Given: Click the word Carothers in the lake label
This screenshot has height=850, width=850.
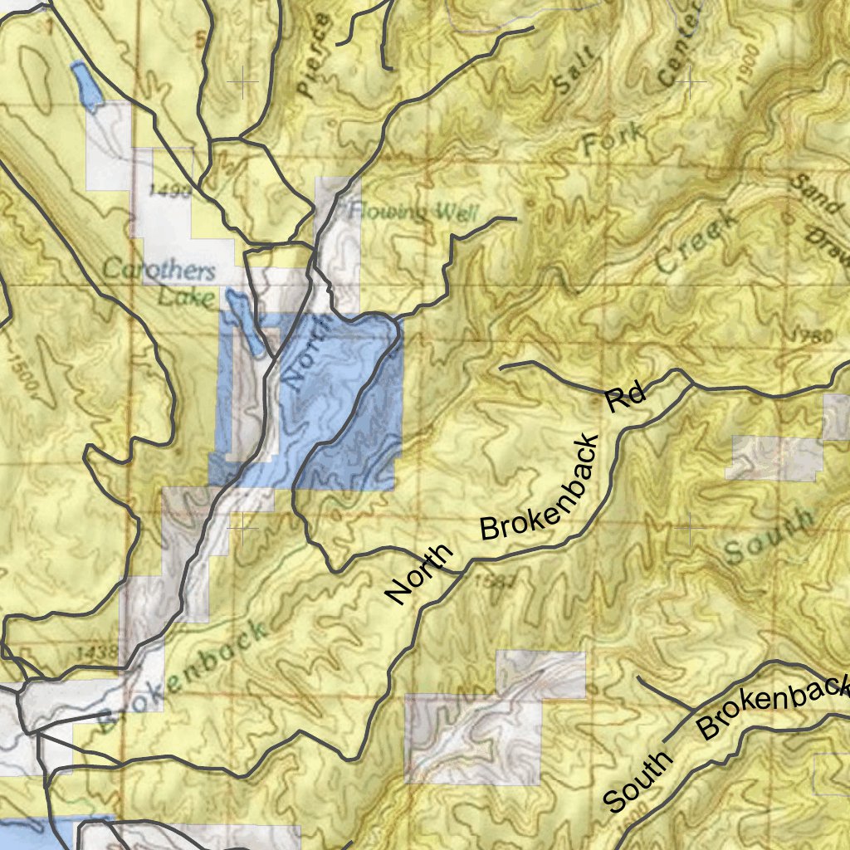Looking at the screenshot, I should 159,270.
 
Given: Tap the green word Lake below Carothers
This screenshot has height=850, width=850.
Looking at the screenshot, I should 187,297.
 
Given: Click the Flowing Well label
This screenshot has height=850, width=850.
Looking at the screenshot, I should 413,212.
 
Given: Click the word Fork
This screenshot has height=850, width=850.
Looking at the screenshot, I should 613,139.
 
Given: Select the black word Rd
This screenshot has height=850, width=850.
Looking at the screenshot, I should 625,397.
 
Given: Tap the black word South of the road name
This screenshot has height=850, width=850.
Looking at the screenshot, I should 637,782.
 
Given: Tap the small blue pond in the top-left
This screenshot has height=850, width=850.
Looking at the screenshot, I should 86,86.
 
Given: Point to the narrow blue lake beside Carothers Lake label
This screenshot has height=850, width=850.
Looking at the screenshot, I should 247,328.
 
